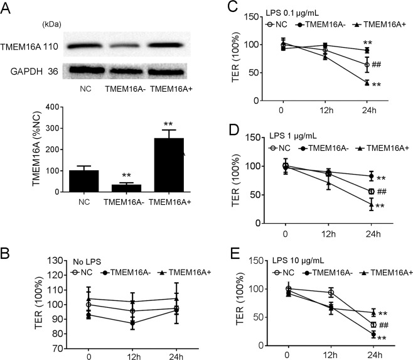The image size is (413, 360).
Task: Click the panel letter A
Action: (7, 7)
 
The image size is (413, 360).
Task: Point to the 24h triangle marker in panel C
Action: (367, 82)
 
